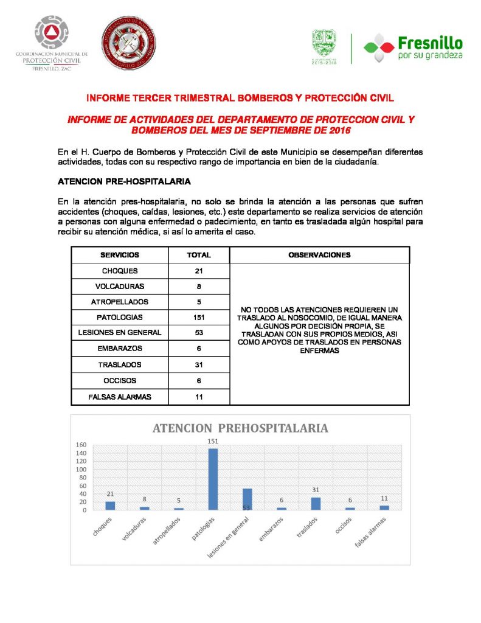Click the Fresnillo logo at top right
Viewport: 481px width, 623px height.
[x=414, y=47]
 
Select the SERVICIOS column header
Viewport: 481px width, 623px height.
[x=120, y=255]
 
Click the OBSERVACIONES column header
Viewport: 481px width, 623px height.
[x=319, y=255]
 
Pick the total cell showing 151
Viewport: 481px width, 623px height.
[x=199, y=317]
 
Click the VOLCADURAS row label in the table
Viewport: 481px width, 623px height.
[x=120, y=286]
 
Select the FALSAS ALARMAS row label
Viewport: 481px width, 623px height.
[x=120, y=397]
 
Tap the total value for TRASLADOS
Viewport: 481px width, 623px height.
[x=199, y=364]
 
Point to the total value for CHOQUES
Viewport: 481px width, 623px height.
[x=199, y=271]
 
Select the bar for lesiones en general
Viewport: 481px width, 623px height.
[x=247, y=499]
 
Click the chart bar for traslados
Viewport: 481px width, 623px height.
[x=316, y=503]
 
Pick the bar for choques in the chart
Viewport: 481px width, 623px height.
[x=110, y=505]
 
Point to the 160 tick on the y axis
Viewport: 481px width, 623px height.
[x=81, y=445]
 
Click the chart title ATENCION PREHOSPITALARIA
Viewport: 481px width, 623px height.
[x=240, y=428]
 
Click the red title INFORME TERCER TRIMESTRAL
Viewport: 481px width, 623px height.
[x=240, y=97]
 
